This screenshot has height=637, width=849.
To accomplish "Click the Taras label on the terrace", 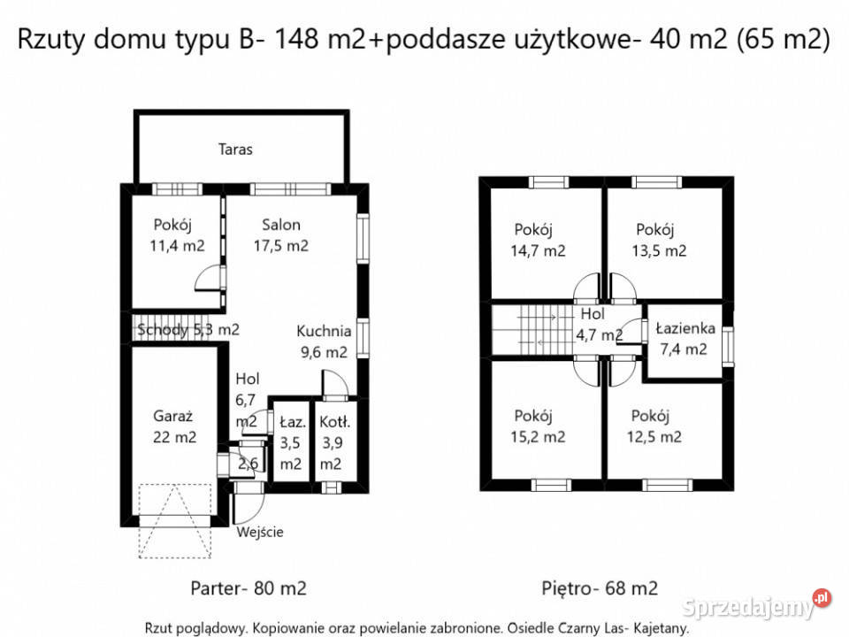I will (235, 149).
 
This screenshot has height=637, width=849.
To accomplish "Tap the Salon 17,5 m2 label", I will (280, 235).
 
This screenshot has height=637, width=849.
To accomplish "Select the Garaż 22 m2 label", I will (173, 426).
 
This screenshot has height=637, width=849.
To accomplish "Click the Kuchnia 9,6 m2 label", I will (323, 341).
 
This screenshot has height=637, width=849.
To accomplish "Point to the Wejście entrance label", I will (260, 532).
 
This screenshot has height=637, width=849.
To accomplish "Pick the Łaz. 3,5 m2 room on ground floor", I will (291, 442).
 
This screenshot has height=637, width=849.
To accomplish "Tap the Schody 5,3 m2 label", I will (188, 330).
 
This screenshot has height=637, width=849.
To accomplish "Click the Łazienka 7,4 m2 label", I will (685, 338).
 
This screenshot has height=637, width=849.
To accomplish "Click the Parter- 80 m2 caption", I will (249, 587).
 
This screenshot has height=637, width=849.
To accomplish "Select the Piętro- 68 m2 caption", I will (600, 587).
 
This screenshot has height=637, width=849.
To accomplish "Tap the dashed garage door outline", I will (176, 520).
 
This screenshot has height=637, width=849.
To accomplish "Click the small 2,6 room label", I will (248, 464).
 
